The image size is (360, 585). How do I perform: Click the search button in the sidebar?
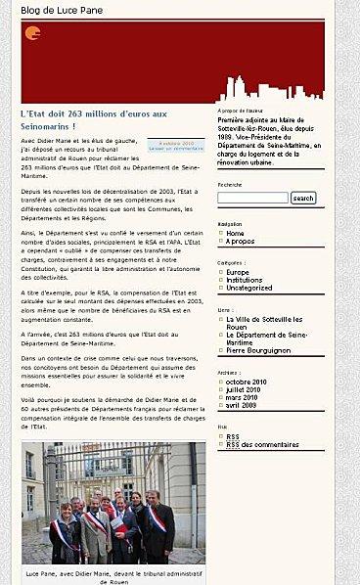coord(303,199)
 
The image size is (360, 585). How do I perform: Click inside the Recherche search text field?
coord(252,199)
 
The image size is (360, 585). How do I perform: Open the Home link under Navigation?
coord(235,234)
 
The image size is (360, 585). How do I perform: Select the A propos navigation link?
coord(240,242)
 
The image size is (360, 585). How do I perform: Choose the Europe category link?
coord(238,272)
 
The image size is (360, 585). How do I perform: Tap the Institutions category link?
coord(245,280)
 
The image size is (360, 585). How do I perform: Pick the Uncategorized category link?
coord(249,288)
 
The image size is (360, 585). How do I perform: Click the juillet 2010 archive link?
coord(247,389)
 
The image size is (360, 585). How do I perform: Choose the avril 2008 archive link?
coord(244,405)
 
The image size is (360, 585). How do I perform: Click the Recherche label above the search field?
coord(230,185)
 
